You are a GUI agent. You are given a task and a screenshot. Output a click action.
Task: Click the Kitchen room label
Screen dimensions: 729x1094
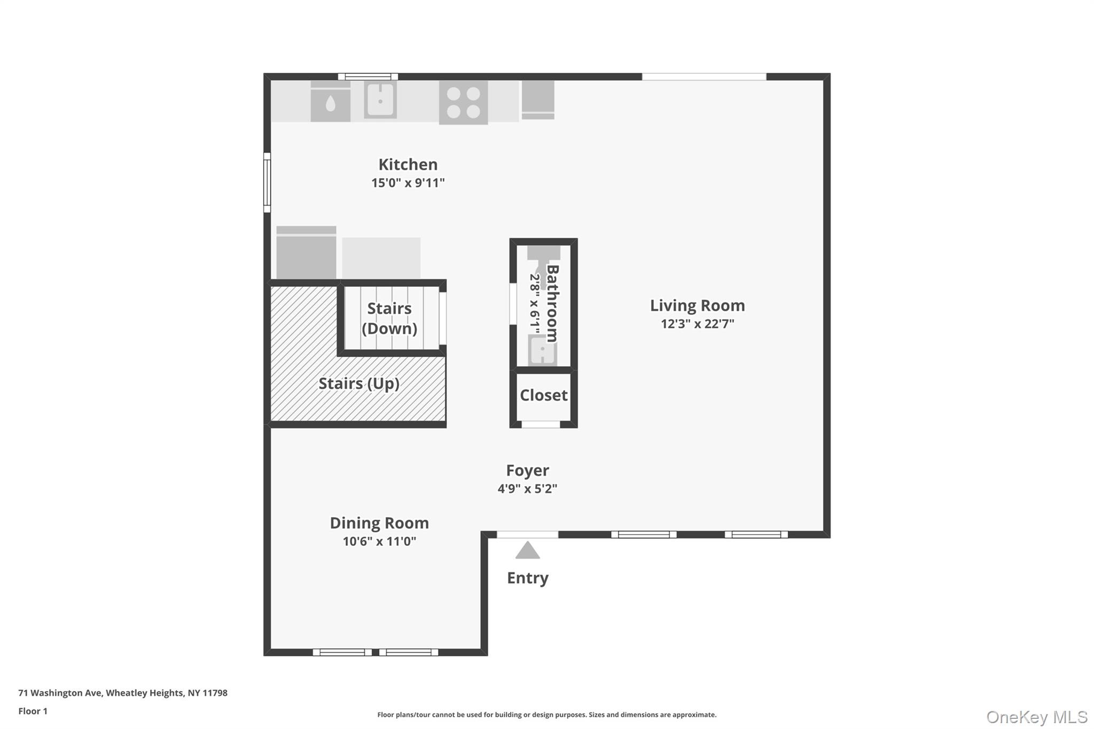point(408,164)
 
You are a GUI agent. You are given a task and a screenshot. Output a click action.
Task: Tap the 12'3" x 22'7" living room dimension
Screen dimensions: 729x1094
point(697,324)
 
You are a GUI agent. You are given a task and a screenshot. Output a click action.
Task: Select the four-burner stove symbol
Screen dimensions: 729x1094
point(463,103)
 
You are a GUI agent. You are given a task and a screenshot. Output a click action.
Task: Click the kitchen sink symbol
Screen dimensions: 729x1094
point(380,99)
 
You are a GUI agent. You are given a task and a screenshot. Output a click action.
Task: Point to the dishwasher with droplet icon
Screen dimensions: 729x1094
point(330,103)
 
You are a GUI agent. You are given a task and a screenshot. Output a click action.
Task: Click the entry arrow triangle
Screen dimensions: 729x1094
point(527,551)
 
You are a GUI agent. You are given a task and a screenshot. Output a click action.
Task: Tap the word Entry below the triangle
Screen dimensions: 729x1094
point(527,578)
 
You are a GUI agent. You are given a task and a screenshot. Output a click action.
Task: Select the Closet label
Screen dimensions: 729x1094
point(543,395)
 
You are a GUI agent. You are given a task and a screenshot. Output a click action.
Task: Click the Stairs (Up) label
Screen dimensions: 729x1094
point(359,383)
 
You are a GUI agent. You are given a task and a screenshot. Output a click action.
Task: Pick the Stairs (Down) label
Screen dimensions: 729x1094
point(389,318)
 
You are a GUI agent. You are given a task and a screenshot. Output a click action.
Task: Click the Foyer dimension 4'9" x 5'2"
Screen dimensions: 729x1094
point(527,489)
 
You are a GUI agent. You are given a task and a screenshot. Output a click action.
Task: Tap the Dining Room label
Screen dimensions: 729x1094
point(379,523)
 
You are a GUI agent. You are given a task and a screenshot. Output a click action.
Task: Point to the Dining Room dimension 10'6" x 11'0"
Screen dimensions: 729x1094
point(379,542)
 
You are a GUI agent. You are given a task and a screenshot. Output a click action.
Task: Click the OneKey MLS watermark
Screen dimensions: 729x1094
point(1036,717)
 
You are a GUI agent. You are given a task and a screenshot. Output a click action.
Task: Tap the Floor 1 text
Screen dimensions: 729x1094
point(33,711)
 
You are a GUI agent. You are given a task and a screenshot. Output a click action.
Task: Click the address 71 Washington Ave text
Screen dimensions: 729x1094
point(123,693)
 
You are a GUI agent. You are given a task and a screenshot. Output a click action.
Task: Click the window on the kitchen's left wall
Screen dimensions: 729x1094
point(267,182)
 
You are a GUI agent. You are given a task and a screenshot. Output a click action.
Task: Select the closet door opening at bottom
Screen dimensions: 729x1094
point(541,425)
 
